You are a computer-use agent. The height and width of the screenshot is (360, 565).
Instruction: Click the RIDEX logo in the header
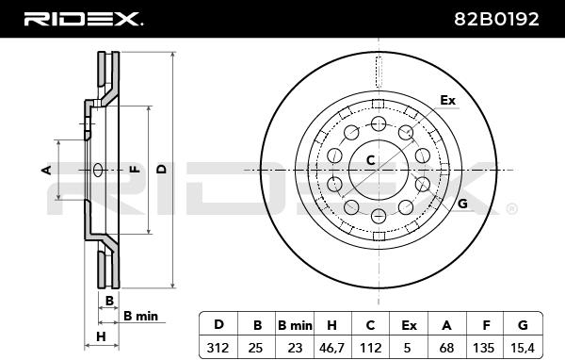coord(84,19)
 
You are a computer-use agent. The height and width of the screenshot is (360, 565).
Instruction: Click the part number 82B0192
coord(496,19)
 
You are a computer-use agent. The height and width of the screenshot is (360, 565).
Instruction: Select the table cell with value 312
coord(218,348)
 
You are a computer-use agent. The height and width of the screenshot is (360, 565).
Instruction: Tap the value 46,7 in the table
coord(331,348)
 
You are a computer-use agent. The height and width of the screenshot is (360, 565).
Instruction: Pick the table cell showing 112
coord(370,348)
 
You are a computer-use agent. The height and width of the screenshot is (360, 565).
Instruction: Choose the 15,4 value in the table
coord(523,348)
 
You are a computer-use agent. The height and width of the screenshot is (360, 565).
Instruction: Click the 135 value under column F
coord(483,348)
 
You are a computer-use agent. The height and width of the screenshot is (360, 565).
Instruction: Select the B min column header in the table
coord(295,325)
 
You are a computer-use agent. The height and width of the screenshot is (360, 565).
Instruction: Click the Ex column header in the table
coord(409,325)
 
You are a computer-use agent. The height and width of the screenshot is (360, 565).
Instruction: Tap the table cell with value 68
coord(446,348)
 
